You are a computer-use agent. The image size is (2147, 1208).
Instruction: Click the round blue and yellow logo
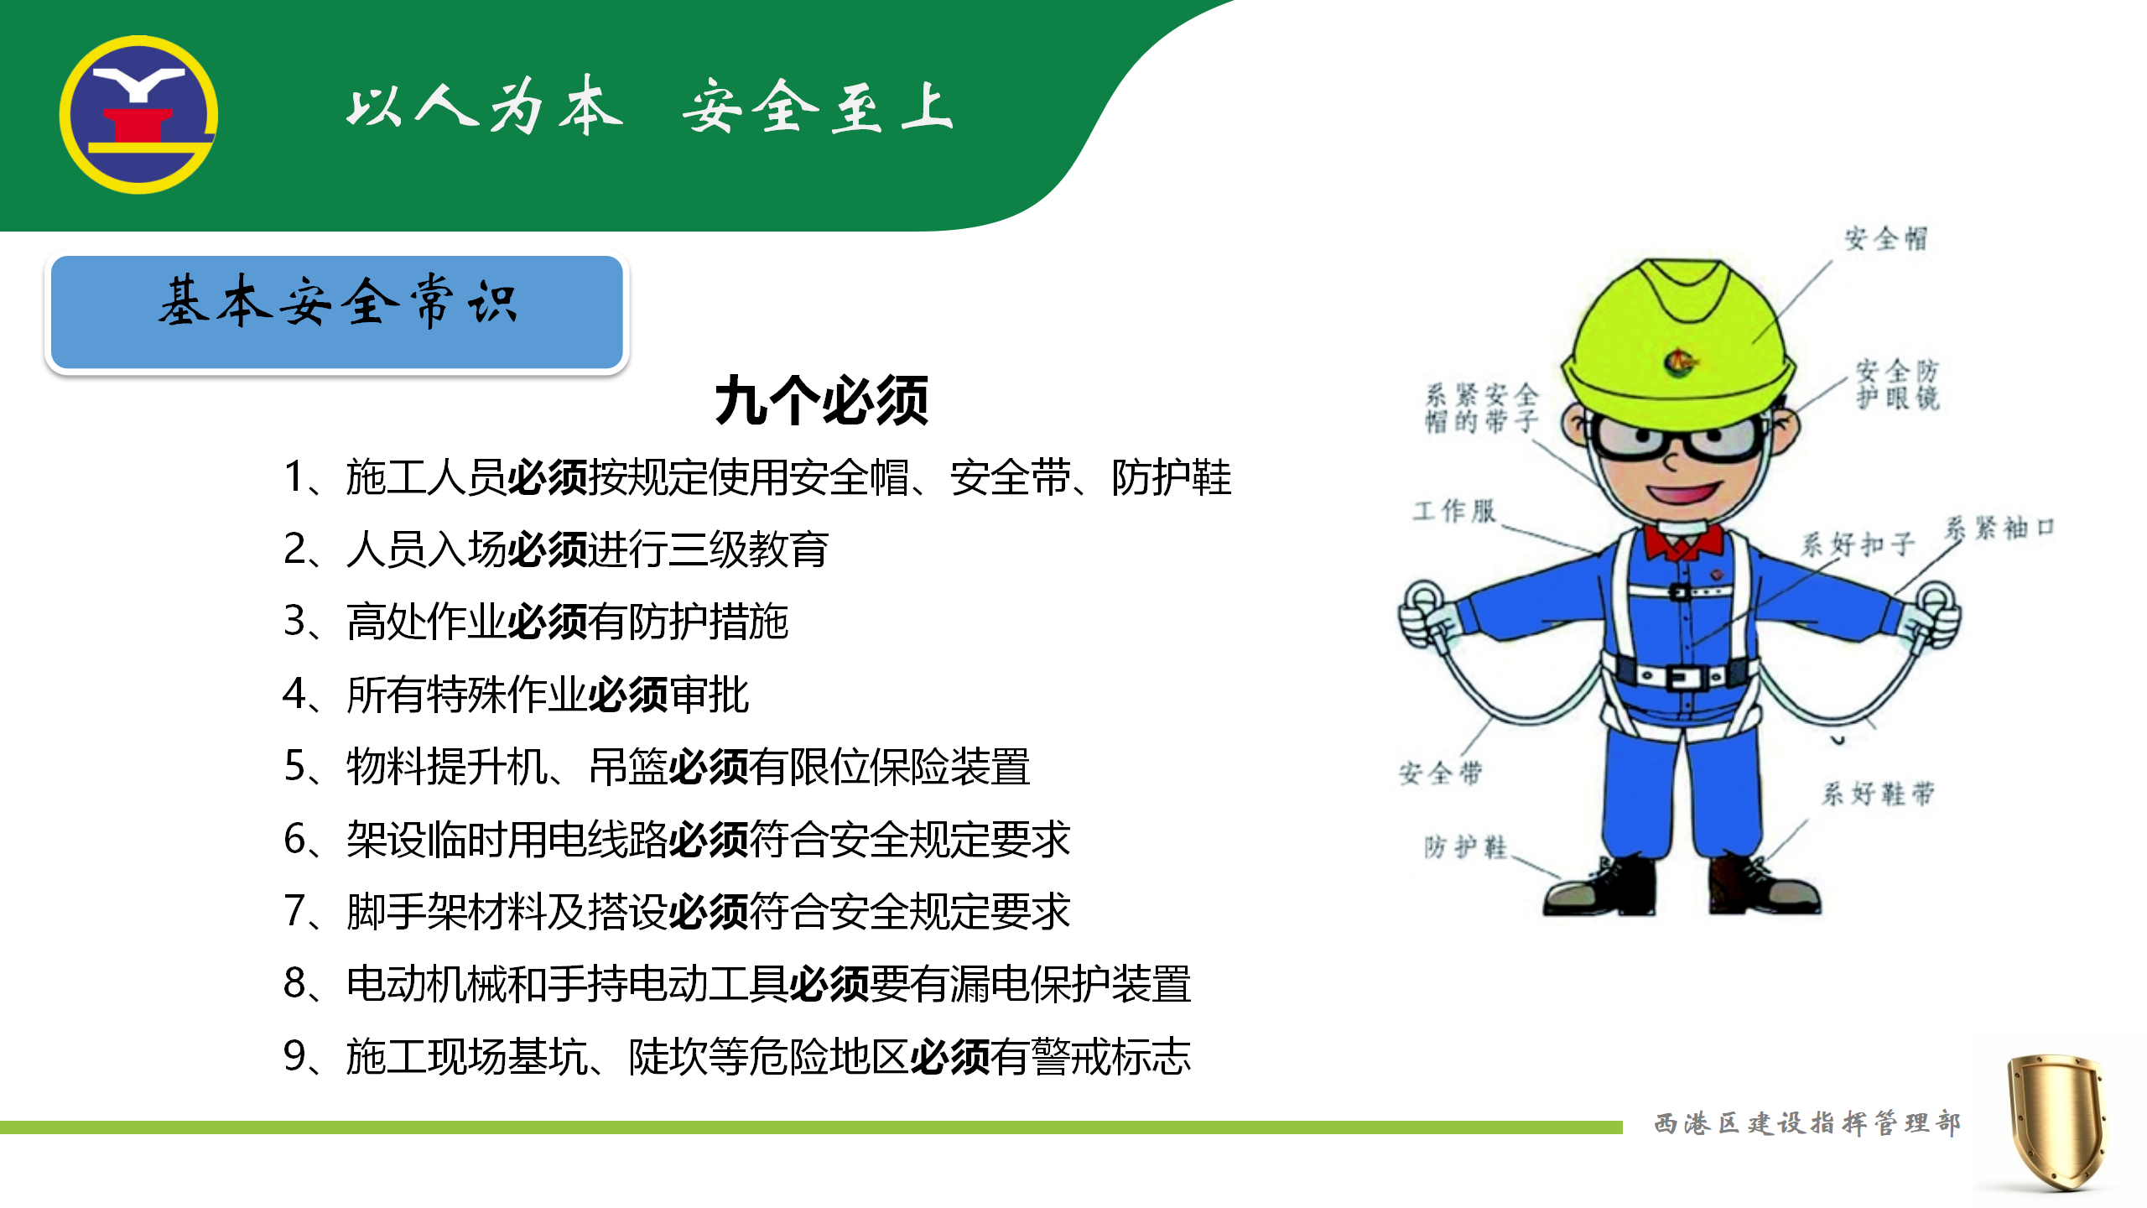click(x=138, y=115)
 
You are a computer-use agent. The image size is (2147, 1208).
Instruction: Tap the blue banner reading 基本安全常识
click(x=336, y=312)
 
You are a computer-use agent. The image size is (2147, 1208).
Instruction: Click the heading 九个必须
click(x=822, y=401)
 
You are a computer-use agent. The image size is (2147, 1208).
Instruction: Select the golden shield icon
click(x=2056, y=1122)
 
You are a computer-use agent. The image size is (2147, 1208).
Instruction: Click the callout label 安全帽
click(x=1885, y=238)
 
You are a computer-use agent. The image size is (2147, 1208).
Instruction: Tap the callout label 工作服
click(x=1454, y=511)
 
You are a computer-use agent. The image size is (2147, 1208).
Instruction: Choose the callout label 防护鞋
click(x=1465, y=846)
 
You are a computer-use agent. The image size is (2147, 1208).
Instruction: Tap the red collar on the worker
click(x=1683, y=541)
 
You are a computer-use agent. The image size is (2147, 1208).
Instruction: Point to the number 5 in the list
click(x=295, y=766)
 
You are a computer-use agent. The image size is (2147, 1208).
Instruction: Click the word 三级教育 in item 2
click(x=748, y=549)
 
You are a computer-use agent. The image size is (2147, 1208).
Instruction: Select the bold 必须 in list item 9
click(x=949, y=1056)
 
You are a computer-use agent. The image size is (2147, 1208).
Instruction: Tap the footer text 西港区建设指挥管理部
click(x=1807, y=1122)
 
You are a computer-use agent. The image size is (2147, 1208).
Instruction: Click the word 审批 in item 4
click(x=709, y=695)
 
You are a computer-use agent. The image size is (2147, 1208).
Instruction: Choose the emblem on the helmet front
click(x=1680, y=362)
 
